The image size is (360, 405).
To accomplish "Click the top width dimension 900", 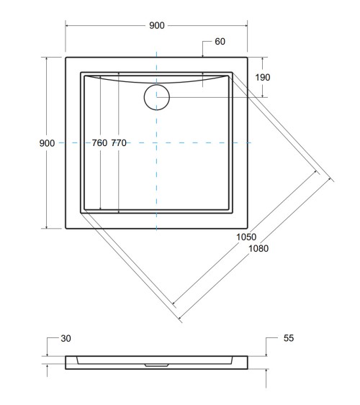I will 157,25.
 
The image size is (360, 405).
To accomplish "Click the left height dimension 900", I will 47,143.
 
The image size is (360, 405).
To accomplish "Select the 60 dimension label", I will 220,42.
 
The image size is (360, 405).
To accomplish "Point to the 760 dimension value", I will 100,143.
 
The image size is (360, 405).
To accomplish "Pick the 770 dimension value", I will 119,143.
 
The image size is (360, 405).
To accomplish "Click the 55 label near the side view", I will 289,337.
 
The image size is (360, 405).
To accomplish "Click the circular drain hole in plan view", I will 156,96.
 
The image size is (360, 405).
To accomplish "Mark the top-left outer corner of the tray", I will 66,58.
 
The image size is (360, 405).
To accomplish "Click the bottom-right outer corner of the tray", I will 248,229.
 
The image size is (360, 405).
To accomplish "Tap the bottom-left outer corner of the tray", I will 66,229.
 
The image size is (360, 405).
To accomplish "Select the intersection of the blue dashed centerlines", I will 156,143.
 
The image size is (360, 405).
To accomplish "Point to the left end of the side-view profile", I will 67,362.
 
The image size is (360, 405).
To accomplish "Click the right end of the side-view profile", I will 248,362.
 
